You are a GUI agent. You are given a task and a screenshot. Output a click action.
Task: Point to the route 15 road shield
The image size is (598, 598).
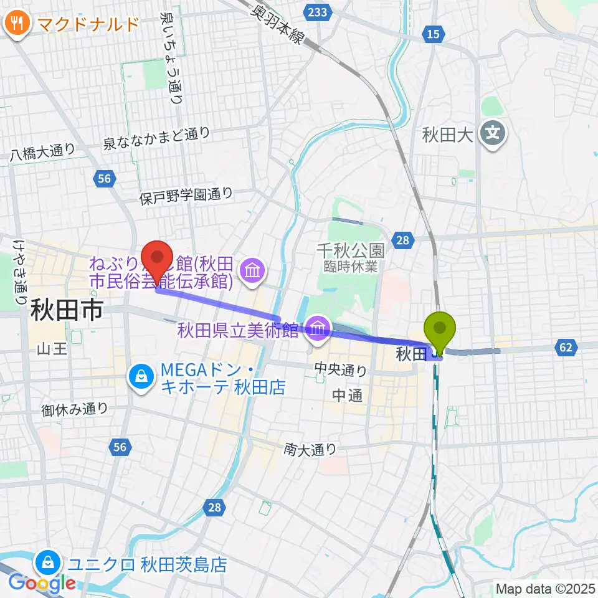[x=434, y=34]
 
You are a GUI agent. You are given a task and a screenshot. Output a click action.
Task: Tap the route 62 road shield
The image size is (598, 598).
[x=566, y=348]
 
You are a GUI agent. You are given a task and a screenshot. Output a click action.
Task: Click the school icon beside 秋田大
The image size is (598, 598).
[x=493, y=133]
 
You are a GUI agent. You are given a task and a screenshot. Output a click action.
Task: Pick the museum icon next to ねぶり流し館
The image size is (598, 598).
[x=252, y=271]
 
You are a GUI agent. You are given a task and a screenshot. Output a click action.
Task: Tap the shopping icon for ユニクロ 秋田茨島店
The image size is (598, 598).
[x=48, y=563]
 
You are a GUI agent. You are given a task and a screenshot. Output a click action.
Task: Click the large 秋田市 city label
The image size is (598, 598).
[x=65, y=310]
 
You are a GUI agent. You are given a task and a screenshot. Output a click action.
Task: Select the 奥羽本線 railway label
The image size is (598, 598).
[x=277, y=24]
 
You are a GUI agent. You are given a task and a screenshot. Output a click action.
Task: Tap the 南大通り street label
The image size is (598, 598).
[x=310, y=448]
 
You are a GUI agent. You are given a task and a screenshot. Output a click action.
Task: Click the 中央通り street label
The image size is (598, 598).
[x=341, y=371]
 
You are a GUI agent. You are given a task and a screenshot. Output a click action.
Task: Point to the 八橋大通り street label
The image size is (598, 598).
[x=42, y=153]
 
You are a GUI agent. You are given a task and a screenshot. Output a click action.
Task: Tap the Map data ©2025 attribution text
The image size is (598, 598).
[x=543, y=588]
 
